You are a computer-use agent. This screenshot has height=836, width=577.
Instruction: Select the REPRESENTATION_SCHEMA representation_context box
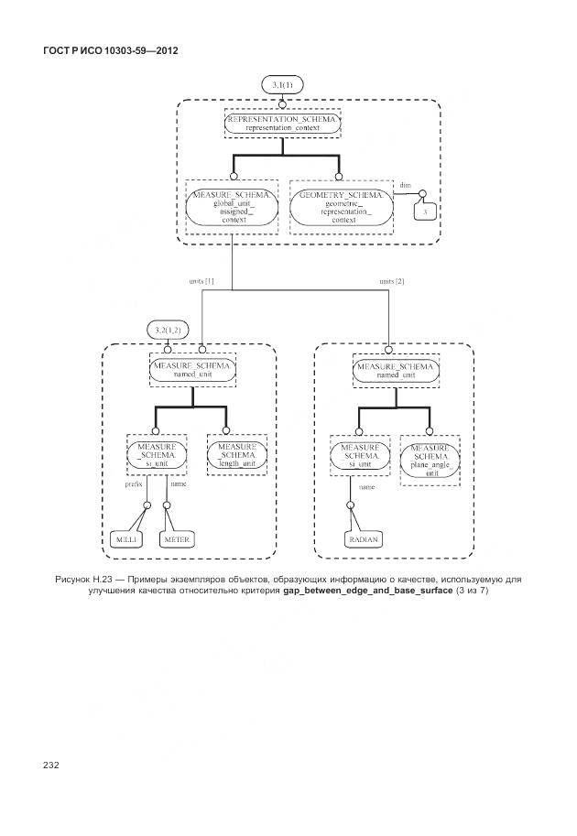pyautogui.click(x=281, y=125)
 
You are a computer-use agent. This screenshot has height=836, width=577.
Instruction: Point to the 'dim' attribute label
pyautogui.click(x=404, y=185)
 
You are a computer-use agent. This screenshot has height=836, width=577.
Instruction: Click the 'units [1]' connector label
pyautogui.click(x=201, y=281)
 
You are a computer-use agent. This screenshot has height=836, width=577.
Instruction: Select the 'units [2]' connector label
pyautogui.click(x=391, y=281)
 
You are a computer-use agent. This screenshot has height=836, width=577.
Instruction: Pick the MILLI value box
pyautogui.click(x=124, y=540)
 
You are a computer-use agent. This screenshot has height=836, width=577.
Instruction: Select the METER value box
pyautogui.click(x=176, y=540)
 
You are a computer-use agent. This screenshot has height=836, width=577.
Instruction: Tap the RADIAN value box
pyautogui.click(x=363, y=540)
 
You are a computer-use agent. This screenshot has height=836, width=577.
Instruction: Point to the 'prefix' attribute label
pyautogui.click(x=134, y=484)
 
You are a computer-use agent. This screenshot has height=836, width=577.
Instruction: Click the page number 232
pyautogui.click(x=49, y=763)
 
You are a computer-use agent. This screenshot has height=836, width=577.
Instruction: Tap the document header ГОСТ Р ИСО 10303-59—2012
pyautogui.click(x=110, y=49)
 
